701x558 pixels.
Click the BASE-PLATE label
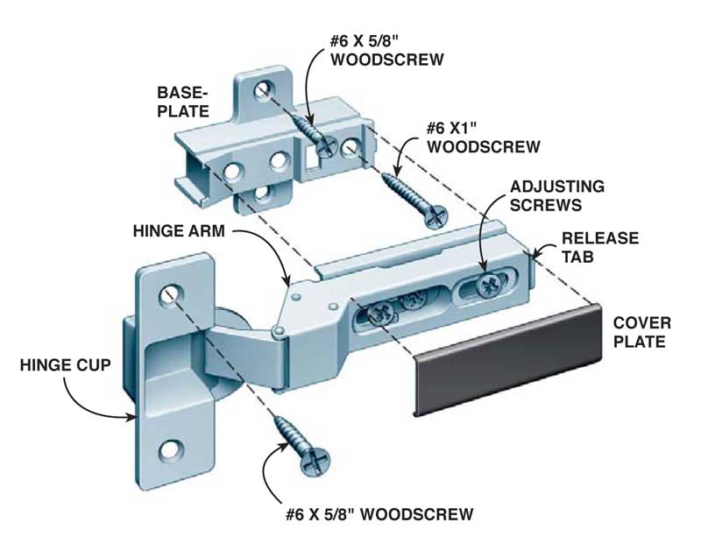182,102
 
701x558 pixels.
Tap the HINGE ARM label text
181,232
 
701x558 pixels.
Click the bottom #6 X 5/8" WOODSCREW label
378,512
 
